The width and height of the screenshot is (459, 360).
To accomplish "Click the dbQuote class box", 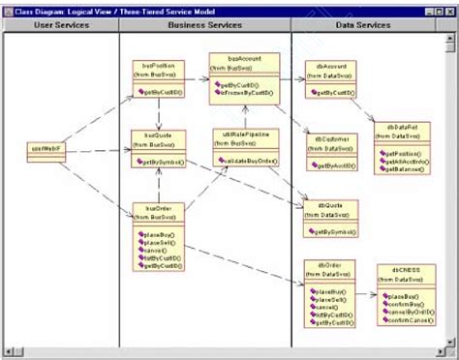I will [328, 219].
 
